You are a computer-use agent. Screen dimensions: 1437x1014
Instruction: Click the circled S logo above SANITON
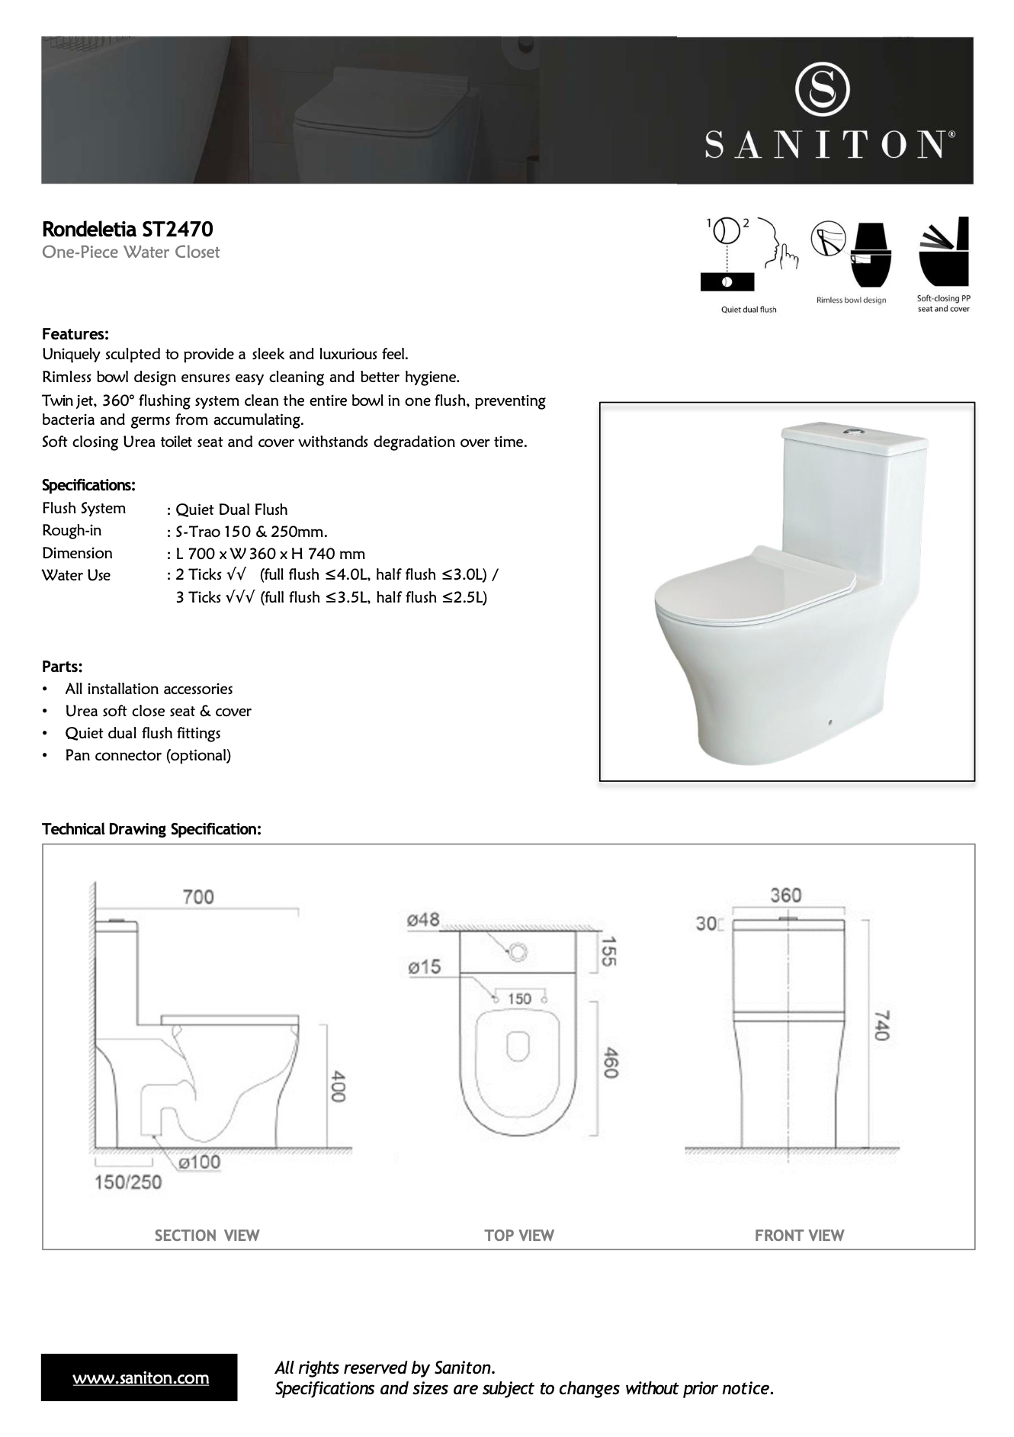(x=823, y=89)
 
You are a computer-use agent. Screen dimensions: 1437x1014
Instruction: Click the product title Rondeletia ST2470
(x=127, y=229)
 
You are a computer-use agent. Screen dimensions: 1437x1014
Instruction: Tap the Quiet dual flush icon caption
(x=749, y=310)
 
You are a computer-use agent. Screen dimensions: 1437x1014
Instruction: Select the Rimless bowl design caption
(x=851, y=300)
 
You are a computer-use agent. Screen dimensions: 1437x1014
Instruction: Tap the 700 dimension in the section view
(x=198, y=896)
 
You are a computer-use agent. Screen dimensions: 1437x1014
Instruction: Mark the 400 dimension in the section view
(x=339, y=1086)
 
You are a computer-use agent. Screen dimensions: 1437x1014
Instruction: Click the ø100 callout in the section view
(x=199, y=1162)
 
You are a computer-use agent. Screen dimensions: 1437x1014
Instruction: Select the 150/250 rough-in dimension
(x=128, y=1182)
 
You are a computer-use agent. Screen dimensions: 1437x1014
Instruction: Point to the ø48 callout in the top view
(x=423, y=920)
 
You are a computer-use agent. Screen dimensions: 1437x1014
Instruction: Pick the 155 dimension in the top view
(x=608, y=951)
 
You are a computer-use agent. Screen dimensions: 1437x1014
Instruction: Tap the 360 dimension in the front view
(x=785, y=895)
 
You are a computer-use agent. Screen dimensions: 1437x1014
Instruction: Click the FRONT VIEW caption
(x=799, y=1236)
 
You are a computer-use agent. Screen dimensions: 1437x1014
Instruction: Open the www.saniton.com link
(x=140, y=1378)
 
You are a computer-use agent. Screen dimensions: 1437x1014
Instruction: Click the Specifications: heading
(x=88, y=486)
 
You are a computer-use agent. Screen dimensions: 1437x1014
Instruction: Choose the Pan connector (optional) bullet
(x=148, y=755)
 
